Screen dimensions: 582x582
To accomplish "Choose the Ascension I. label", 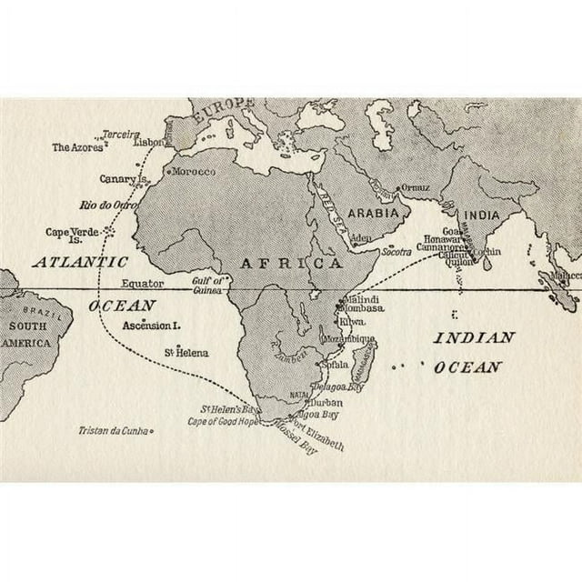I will point(152,325).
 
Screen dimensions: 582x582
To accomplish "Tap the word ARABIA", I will point(375,212).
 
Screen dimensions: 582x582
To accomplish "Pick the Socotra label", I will point(396,250).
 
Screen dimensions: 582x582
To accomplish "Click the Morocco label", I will point(194,172).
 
